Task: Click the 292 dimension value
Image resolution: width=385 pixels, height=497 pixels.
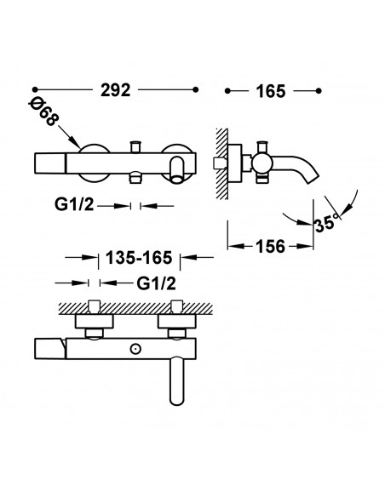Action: pyautogui.click(x=116, y=90)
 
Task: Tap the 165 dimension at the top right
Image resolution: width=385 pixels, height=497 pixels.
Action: pyautogui.click(x=271, y=91)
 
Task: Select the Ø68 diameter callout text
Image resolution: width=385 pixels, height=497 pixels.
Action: pyautogui.click(x=43, y=111)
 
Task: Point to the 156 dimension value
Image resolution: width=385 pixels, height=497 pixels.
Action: pyautogui.click(x=271, y=246)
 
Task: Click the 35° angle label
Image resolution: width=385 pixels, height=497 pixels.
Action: pyautogui.click(x=325, y=223)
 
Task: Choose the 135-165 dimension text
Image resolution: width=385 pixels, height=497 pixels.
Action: pyautogui.click(x=139, y=257)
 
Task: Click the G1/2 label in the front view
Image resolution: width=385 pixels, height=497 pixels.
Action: pyautogui.click(x=74, y=205)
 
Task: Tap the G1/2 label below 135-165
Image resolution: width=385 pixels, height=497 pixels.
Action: pyautogui.click(x=156, y=283)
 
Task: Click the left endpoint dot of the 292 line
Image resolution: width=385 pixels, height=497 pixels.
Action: pyautogui.click(x=35, y=89)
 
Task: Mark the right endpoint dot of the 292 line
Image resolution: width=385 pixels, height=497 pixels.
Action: pyautogui.click(x=196, y=89)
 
